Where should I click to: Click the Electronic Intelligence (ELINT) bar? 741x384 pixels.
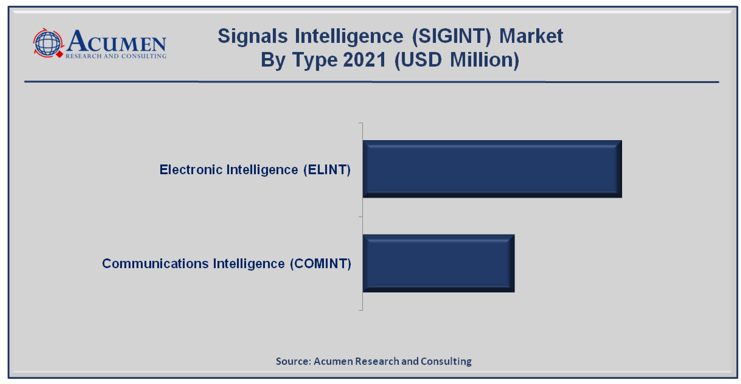(x=492, y=169)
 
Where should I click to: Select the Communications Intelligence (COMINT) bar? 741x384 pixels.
(x=439, y=263)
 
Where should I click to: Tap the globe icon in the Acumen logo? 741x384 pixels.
(x=48, y=43)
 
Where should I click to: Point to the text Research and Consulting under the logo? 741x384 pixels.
(x=116, y=56)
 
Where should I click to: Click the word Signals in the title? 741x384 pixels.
(x=252, y=36)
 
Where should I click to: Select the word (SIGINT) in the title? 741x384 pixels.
(x=451, y=36)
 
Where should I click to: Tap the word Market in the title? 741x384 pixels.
(x=531, y=36)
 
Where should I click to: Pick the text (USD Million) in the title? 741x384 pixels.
(x=457, y=60)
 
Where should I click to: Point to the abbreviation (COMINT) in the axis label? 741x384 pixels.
(x=321, y=264)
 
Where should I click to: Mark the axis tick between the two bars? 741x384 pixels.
(x=361, y=217)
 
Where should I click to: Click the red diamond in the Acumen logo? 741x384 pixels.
(x=60, y=54)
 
